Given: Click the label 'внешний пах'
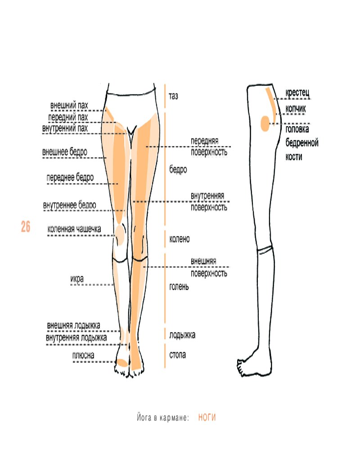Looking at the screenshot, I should coord(69,106).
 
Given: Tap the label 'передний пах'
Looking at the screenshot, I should coord(68,117).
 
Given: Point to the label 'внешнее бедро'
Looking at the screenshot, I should coord(65,152).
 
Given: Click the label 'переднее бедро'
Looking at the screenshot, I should coord(70,178).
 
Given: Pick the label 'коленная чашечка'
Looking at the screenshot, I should coord(74,229).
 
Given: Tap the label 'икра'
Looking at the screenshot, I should coord(77,279).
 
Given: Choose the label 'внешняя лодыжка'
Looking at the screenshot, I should coord(73,325).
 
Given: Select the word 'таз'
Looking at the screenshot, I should coord(173,96).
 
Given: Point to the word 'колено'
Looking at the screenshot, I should coord(179,239).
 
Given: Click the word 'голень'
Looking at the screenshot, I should coord(179,286).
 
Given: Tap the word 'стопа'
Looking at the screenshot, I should coord(177,355).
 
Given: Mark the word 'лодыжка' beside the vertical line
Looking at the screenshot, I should coord(182,335).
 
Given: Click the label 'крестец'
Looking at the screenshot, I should coord(297,93).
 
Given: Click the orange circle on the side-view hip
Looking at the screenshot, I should coord(265,123).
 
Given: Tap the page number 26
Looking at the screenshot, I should coord(26,227).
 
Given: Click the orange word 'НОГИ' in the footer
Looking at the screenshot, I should coord(207,418).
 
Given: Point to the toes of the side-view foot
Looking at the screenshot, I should coord(241,367).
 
